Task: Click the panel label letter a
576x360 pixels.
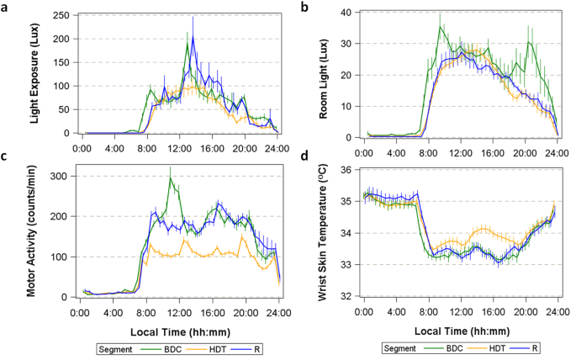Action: [x=6, y=6]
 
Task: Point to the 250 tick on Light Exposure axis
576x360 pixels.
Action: [x=61, y=15]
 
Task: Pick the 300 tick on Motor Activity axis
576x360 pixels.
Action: [x=61, y=176]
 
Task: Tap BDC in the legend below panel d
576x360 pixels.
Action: [x=459, y=347]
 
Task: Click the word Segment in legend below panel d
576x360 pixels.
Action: [x=400, y=347]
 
